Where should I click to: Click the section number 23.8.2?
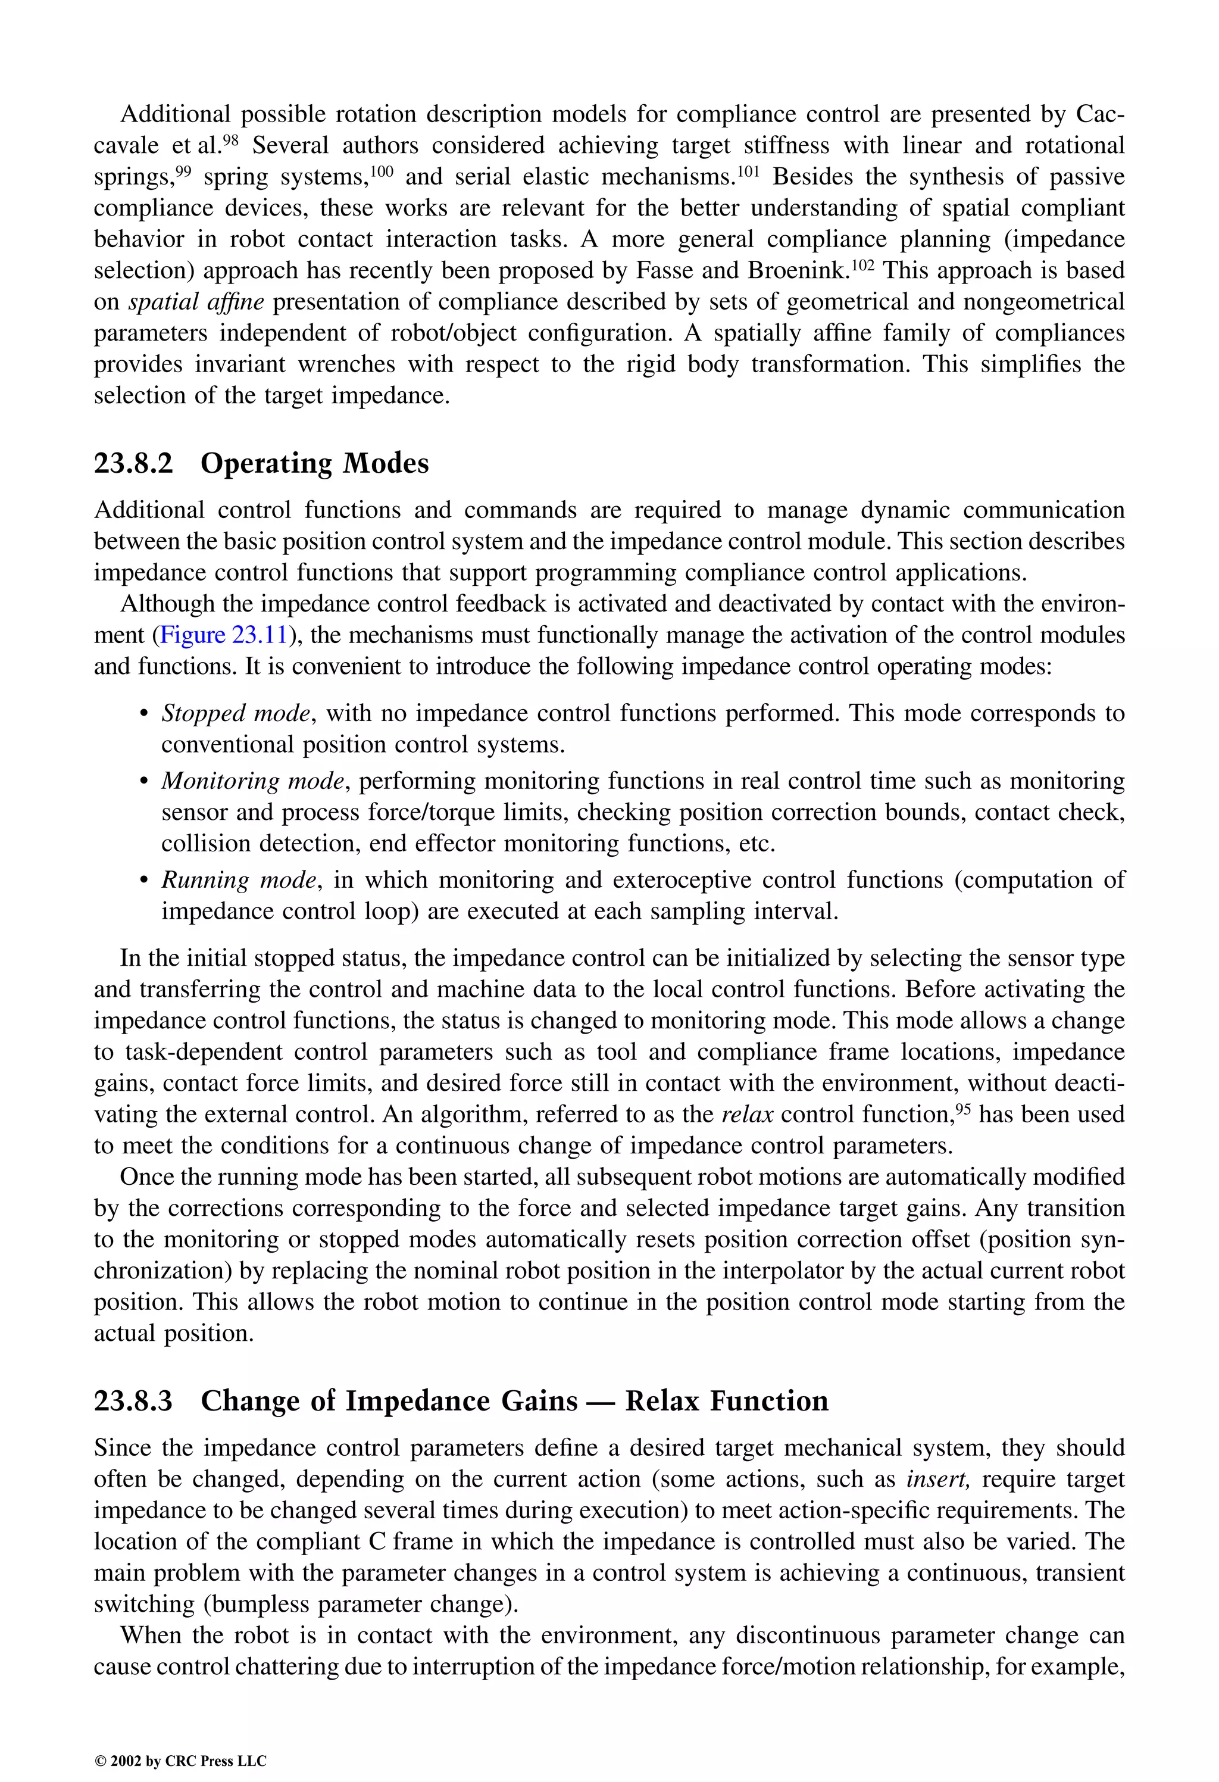coord(133,464)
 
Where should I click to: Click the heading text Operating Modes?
coord(314,464)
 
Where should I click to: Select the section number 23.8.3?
coord(133,1401)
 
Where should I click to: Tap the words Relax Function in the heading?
coord(726,1401)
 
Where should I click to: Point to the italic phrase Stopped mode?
coord(235,714)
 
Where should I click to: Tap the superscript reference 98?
coord(232,139)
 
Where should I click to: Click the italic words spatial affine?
coord(195,302)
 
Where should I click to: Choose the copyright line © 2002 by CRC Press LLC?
coord(180,1761)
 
